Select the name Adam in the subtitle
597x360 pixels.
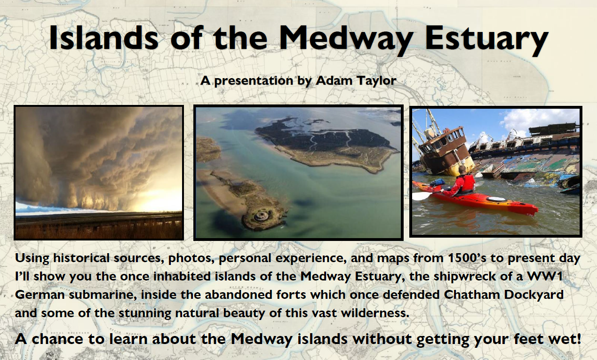coord(332,80)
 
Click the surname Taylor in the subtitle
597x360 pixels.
coord(376,80)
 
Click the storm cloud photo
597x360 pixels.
coord(99,172)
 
